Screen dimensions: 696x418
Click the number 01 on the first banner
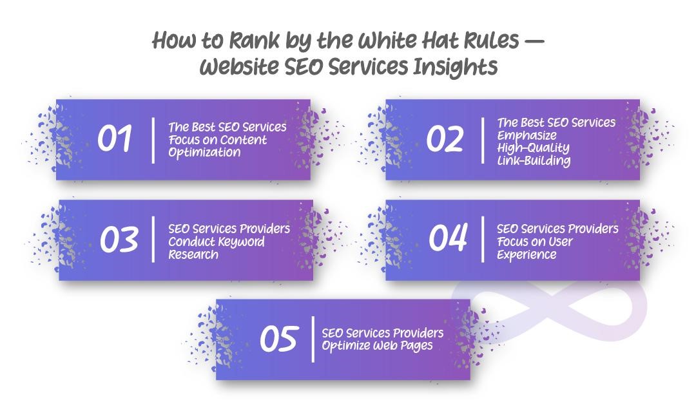[x=115, y=139]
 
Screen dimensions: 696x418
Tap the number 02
[x=445, y=139]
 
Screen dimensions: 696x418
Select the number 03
[x=119, y=240]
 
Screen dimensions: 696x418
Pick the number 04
[x=448, y=238]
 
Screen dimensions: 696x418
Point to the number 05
[x=279, y=339]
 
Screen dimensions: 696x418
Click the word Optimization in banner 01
[x=204, y=153]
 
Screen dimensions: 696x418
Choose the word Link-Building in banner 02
[x=534, y=160]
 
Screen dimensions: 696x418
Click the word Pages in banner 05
[x=416, y=346]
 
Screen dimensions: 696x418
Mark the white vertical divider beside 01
[x=153, y=140]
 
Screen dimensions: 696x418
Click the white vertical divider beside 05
[x=314, y=339]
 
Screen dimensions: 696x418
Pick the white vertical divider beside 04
[x=483, y=239]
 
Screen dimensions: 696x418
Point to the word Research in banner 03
[x=193, y=254]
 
